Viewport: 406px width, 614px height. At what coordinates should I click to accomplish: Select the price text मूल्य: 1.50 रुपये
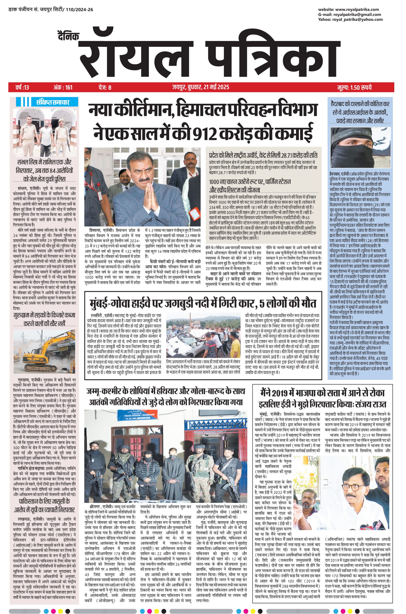[x=354, y=87]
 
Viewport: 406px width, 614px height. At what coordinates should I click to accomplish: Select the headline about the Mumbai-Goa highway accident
[x=203, y=303]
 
